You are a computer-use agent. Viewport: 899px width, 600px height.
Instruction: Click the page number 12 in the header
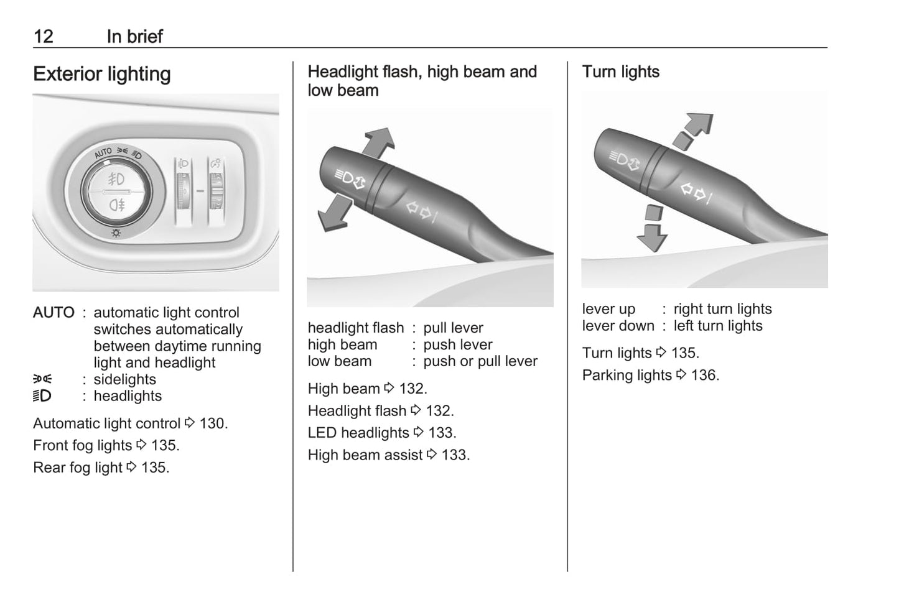click(44, 37)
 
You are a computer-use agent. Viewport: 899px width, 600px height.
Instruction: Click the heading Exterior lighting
click(102, 74)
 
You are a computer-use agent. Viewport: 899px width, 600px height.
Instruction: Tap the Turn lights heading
click(620, 72)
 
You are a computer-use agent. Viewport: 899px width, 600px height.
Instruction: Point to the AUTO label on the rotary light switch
click(103, 153)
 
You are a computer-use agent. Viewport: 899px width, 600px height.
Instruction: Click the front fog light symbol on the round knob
click(116, 179)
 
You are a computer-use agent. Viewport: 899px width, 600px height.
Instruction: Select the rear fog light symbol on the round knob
click(117, 205)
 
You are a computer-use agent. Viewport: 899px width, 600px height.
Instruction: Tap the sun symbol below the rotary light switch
click(116, 233)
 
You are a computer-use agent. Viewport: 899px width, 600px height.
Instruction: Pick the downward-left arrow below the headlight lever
click(334, 213)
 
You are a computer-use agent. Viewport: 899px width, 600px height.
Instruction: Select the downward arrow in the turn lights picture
click(653, 228)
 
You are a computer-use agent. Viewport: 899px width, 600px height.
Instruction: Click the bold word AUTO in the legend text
click(54, 312)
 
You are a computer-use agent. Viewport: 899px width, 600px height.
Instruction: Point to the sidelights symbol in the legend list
click(42, 379)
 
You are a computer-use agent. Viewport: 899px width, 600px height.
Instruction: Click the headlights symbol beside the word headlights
click(42, 396)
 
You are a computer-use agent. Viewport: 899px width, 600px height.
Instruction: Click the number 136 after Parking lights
click(705, 376)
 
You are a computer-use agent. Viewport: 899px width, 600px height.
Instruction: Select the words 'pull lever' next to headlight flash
click(453, 328)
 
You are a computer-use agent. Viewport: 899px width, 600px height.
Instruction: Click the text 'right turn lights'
click(722, 309)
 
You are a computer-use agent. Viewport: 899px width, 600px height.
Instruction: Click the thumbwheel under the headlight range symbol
click(184, 191)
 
